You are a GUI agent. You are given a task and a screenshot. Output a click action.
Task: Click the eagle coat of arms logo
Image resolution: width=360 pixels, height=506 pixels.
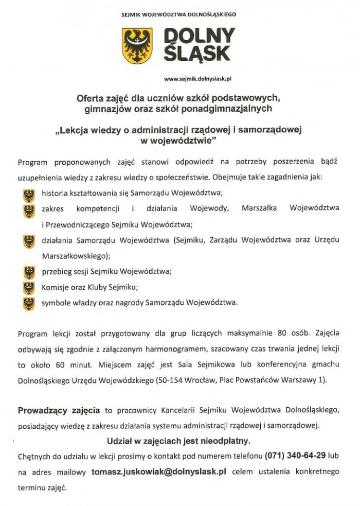click(x=137, y=46)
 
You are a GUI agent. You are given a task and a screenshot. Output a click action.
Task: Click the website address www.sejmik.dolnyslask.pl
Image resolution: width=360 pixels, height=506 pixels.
click(x=199, y=79)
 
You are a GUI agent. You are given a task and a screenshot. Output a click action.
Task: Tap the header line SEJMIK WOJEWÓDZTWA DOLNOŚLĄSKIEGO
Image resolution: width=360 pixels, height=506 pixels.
click(x=179, y=14)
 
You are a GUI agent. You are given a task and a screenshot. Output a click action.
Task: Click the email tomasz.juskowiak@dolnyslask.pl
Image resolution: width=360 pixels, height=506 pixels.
click(x=159, y=471)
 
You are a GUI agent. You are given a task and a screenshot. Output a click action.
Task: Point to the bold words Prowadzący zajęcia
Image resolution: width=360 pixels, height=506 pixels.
click(x=59, y=410)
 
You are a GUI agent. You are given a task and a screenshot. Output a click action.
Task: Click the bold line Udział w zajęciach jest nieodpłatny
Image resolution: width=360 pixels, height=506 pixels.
click(x=178, y=441)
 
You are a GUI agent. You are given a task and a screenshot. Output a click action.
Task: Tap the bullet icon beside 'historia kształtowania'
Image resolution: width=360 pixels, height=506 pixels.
click(x=29, y=195)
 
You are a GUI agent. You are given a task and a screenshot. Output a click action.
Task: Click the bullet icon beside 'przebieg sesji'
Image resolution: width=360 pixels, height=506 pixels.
click(x=29, y=272)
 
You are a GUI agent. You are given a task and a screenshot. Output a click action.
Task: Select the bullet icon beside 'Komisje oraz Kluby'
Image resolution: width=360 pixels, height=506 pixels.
click(x=29, y=287)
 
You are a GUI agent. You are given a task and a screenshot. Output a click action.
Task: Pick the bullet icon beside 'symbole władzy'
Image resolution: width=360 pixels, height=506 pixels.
click(x=29, y=303)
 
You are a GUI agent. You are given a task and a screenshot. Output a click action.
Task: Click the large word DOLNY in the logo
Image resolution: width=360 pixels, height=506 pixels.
click(x=199, y=36)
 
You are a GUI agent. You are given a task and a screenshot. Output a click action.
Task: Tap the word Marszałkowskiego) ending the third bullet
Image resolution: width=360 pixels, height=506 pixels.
click(x=76, y=255)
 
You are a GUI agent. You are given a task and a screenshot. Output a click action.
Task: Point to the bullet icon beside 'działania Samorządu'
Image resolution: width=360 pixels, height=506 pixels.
click(x=29, y=241)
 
